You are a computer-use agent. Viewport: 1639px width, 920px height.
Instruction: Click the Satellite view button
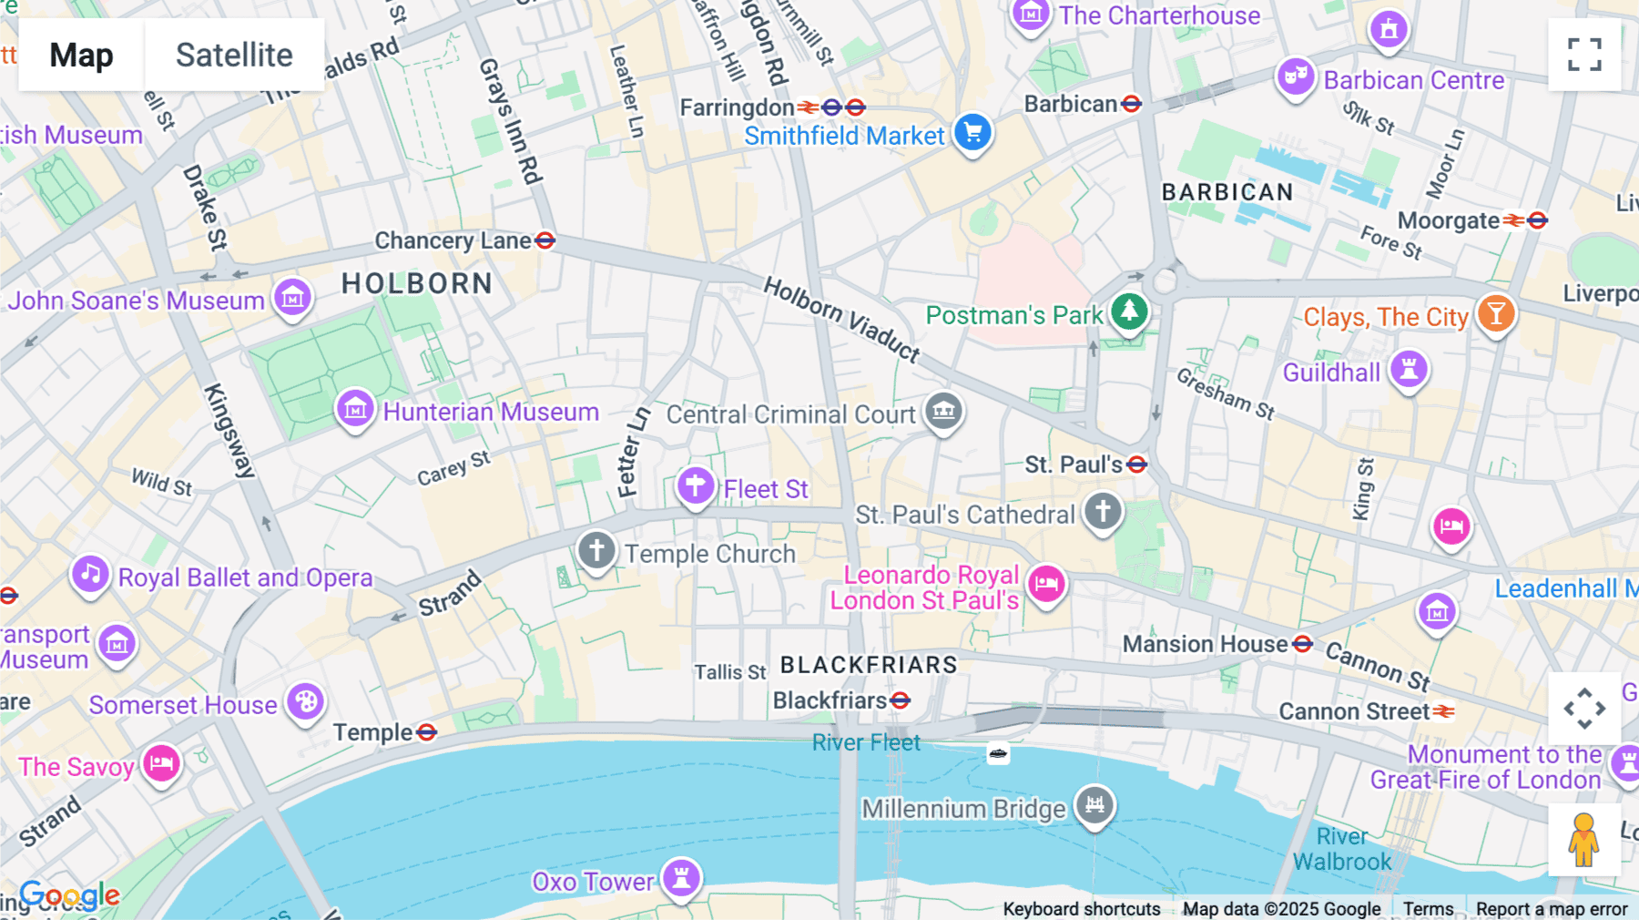click(234, 55)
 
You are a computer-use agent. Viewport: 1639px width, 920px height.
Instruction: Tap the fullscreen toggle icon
click(1584, 55)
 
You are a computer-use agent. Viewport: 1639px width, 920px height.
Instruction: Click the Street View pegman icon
click(1584, 840)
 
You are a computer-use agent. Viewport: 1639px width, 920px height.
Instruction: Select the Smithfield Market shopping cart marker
click(972, 133)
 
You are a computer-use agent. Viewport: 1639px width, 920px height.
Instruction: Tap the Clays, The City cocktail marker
click(1496, 314)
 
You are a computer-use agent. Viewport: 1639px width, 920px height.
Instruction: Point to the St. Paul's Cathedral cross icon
click(1103, 511)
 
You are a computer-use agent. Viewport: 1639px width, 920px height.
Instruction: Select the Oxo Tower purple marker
click(681, 878)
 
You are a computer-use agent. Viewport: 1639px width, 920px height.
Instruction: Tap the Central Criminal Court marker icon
click(943, 412)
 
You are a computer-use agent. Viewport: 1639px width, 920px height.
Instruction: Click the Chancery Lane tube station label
click(453, 240)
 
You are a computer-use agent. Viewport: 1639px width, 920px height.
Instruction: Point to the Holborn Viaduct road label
click(841, 319)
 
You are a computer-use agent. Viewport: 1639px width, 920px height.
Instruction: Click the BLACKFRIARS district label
click(869, 665)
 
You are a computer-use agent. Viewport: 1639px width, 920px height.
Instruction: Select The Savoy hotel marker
click(161, 763)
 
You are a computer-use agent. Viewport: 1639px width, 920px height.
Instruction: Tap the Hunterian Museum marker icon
click(355, 410)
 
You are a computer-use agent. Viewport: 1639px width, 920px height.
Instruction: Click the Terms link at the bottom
click(1428, 908)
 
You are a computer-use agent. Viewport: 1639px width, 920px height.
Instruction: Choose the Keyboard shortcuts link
click(1081, 908)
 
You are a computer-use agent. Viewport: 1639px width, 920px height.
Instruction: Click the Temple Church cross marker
click(596, 551)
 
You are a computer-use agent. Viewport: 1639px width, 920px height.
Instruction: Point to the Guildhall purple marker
click(1409, 370)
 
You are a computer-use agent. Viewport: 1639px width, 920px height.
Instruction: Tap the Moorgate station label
click(1448, 220)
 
